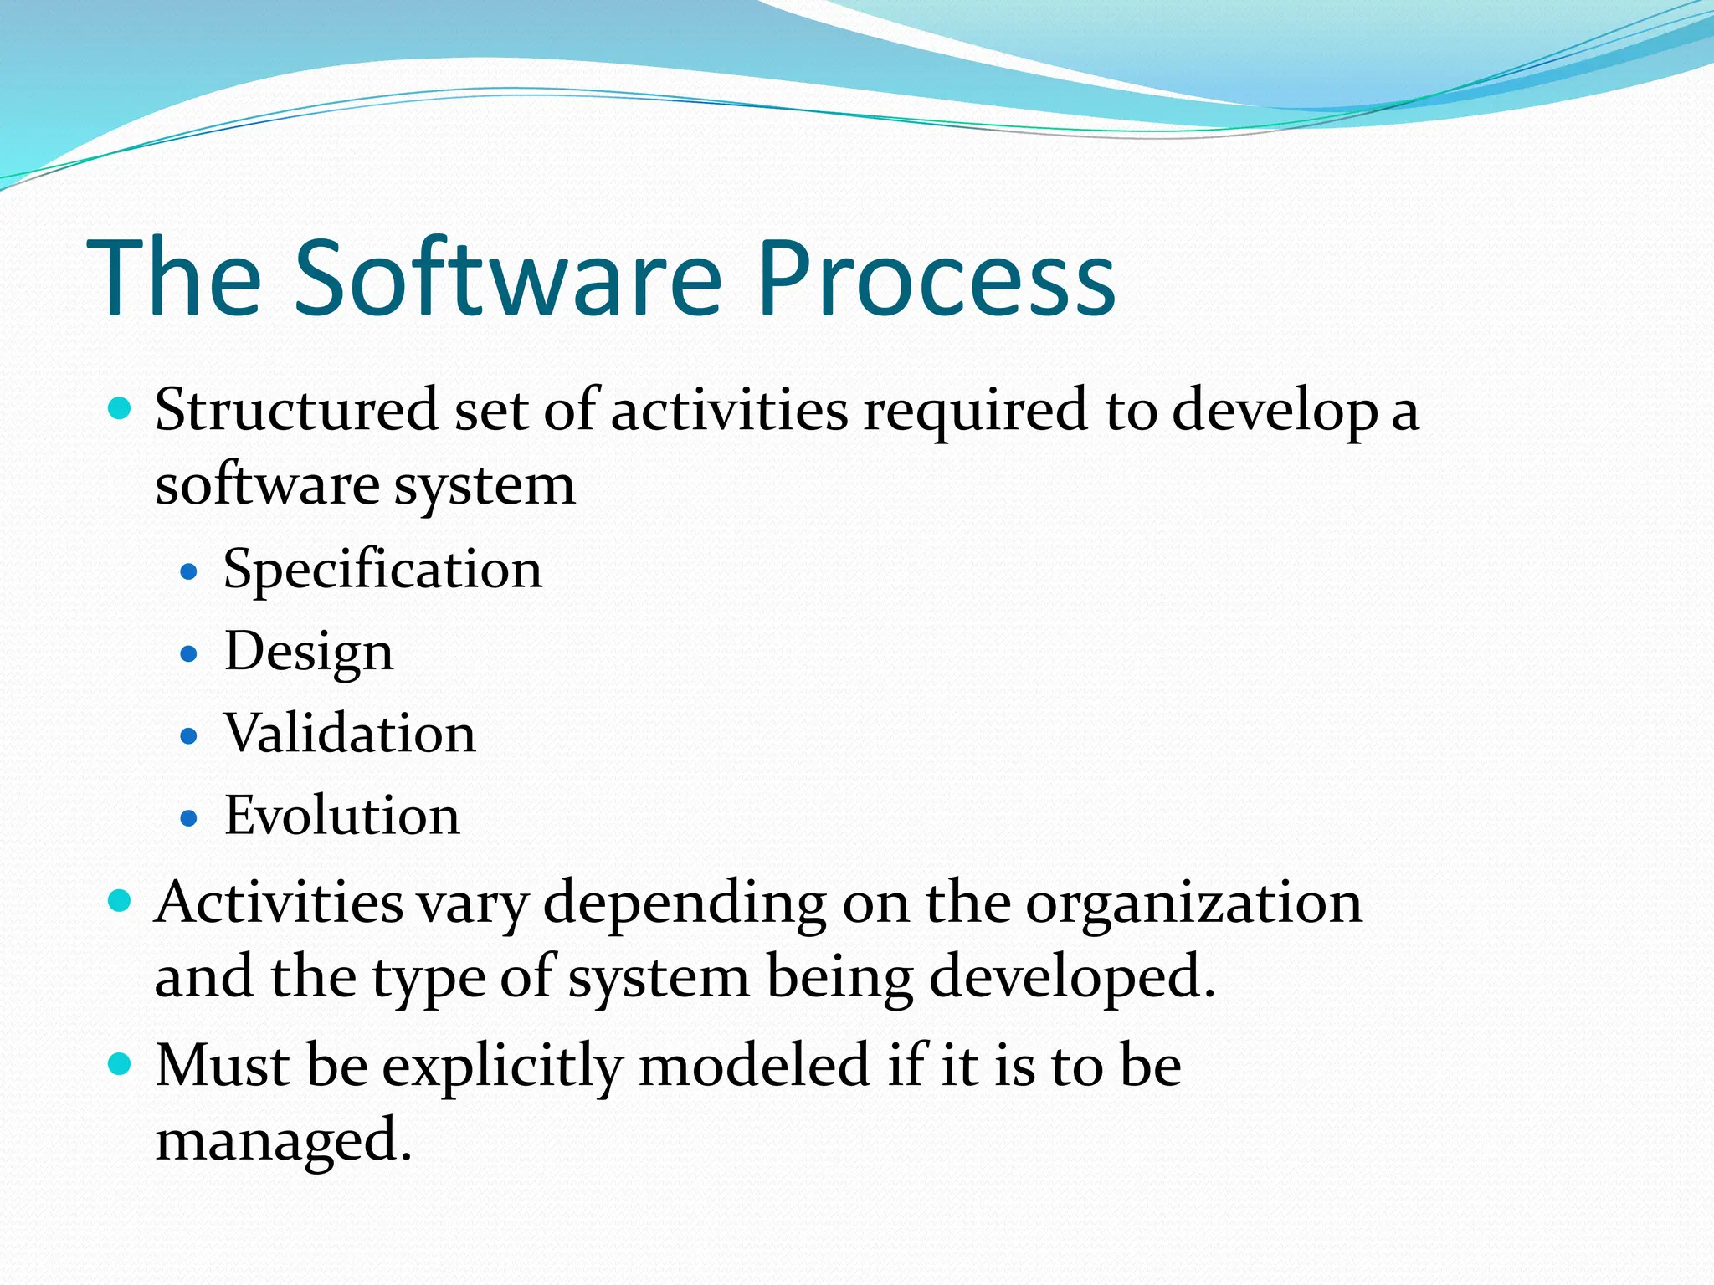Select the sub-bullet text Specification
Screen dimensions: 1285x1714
click(x=382, y=571)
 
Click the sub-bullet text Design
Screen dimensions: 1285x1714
click(x=308, y=653)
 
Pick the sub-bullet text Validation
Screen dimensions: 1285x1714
click(x=350, y=735)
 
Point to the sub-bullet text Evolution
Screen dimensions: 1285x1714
click(x=341, y=817)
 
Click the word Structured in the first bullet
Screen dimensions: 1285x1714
click(x=296, y=410)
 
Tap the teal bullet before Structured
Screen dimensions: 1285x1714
click(x=121, y=410)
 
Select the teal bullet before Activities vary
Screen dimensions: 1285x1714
click(x=121, y=901)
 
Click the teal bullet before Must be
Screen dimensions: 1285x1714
click(x=121, y=1064)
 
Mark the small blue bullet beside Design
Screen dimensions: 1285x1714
click(x=189, y=654)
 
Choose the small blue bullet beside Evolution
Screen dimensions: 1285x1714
click(x=189, y=818)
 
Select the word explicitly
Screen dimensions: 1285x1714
click(x=502, y=1067)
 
